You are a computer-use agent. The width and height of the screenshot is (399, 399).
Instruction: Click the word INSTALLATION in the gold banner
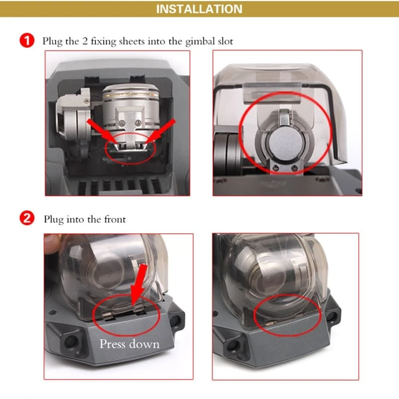pyautogui.click(x=199, y=9)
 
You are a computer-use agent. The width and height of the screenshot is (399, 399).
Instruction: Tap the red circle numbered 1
pyautogui.click(x=27, y=40)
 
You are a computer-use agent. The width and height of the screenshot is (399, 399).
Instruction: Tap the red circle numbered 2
pyautogui.click(x=27, y=218)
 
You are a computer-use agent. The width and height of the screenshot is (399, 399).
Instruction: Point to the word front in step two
pyautogui.click(x=115, y=219)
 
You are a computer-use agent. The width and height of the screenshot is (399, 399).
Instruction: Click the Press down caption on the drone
pyautogui.click(x=130, y=344)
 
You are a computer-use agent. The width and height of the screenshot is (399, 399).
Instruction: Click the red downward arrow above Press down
pyautogui.click(x=139, y=284)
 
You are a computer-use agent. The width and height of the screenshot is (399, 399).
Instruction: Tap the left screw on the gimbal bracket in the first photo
pyautogui.click(x=122, y=123)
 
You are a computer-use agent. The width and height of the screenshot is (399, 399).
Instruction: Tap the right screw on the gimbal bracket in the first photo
pyautogui.click(x=138, y=123)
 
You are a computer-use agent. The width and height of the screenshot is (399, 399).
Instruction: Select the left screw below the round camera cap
pyautogui.click(x=275, y=168)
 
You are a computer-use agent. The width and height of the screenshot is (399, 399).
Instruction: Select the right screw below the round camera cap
pyautogui.click(x=295, y=168)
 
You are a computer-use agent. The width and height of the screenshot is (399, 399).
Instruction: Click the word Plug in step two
pyautogui.click(x=53, y=219)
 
